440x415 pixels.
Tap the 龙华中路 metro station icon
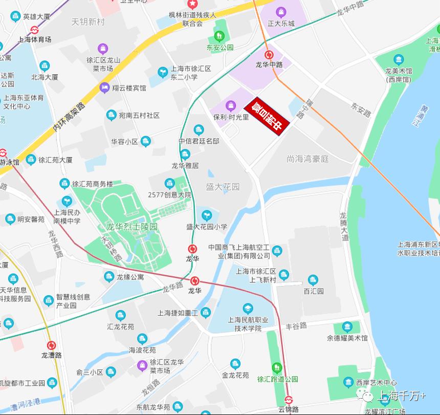269,55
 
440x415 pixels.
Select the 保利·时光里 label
231,117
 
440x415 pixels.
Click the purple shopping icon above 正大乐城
280,12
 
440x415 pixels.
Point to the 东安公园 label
220,48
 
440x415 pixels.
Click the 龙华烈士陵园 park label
131,227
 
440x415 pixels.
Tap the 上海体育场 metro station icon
35,30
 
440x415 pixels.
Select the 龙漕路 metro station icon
51,345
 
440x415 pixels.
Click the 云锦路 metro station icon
289,400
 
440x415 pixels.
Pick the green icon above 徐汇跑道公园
277,367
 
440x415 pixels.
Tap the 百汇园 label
313,291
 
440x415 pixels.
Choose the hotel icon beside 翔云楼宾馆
105,88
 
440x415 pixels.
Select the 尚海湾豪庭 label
307,159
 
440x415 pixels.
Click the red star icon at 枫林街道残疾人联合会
192,4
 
